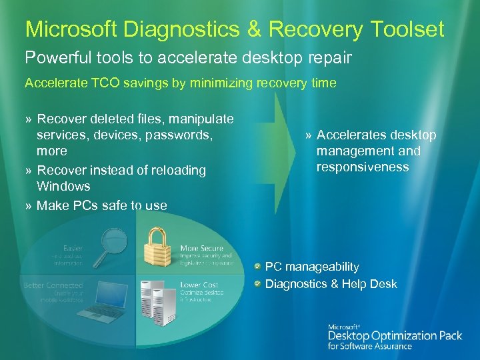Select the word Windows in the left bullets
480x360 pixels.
click(63, 186)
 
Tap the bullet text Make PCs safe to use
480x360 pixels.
click(101, 205)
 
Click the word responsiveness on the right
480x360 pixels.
click(363, 167)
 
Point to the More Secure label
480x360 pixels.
click(202, 249)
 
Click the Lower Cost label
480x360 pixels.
click(199, 285)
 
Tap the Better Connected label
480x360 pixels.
click(53, 285)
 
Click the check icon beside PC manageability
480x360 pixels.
click(257, 267)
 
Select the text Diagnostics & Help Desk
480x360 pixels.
click(331, 284)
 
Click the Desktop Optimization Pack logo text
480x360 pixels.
click(395, 336)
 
